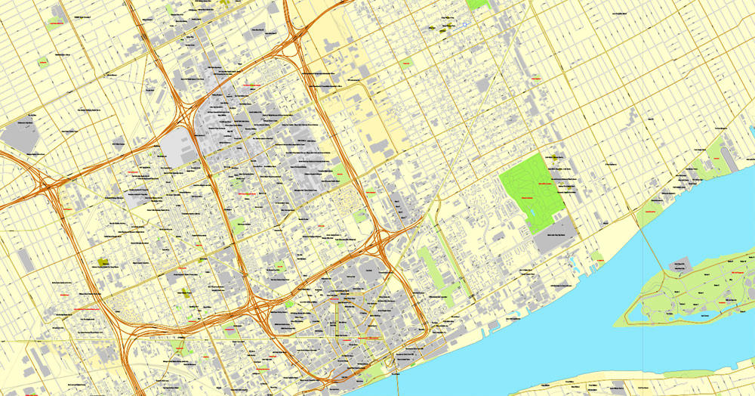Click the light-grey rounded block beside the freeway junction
(x=178, y=145)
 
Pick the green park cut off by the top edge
(x=479, y=4)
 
